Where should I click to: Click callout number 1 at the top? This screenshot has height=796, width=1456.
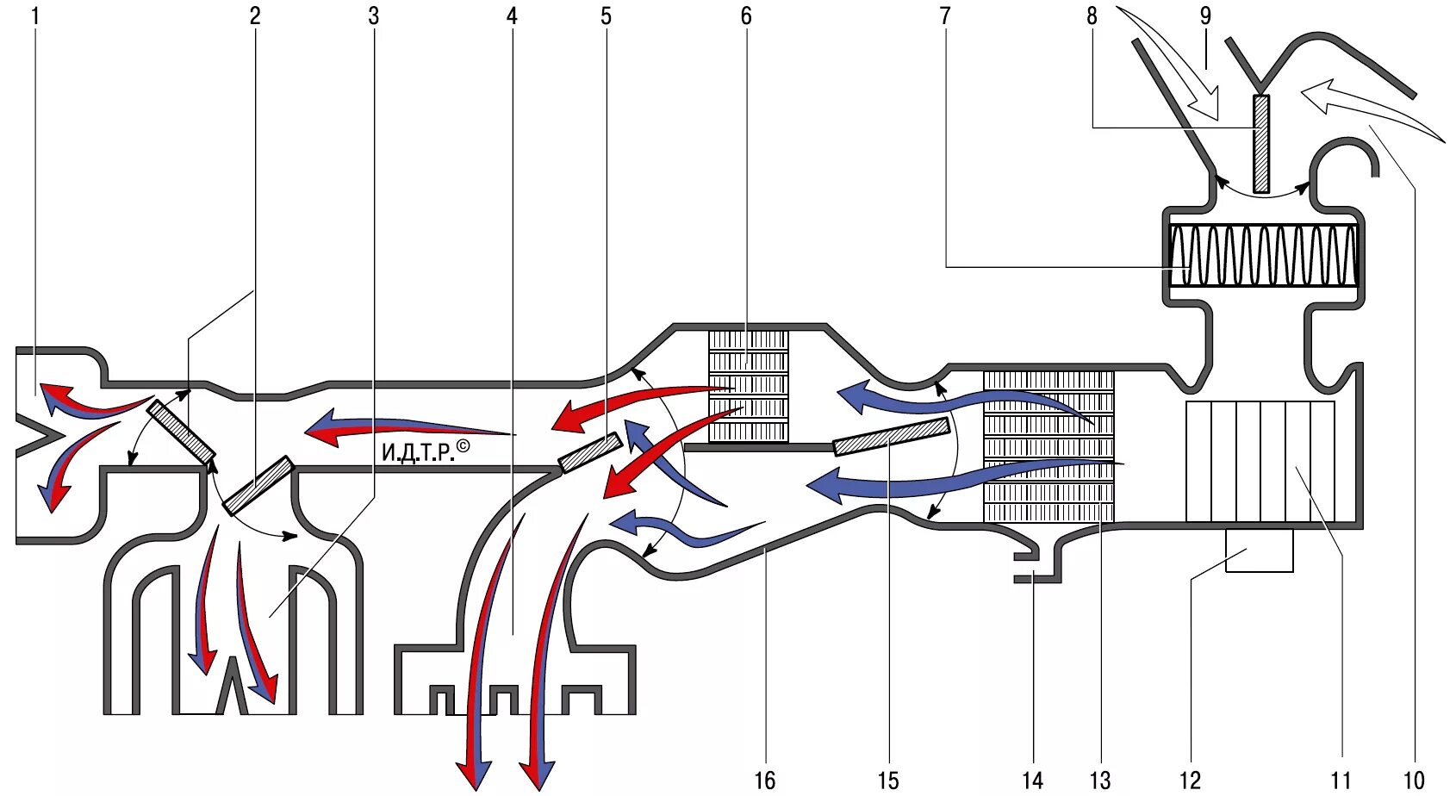pos(35,16)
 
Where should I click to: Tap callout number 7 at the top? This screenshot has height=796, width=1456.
pos(945,16)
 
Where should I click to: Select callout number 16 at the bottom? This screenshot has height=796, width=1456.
pos(765,780)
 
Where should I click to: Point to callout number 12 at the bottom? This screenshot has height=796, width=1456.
pos(1190,780)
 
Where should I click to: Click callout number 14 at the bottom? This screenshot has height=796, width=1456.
pos(1032,780)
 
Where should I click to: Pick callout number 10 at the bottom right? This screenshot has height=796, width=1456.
pos(1414,780)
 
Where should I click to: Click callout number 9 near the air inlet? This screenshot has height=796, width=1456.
pos(1205,16)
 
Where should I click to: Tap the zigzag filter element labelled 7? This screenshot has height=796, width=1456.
pos(1263,255)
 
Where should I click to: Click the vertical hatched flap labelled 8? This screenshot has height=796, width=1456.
pos(1261,143)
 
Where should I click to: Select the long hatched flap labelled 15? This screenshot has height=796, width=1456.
pos(892,436)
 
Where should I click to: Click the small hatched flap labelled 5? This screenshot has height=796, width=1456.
pos(591,452)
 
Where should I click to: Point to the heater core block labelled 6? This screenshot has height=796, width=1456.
pos(748,386)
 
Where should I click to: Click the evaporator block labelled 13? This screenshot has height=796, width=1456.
pos(1048,446)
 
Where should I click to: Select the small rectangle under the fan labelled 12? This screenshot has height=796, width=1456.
pos(1259,550)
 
